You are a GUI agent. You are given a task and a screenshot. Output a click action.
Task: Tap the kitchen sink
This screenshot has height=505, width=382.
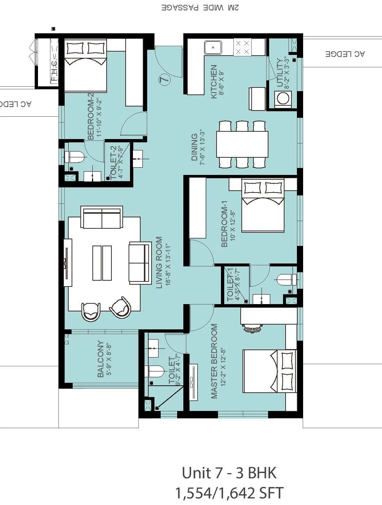pos(213,47)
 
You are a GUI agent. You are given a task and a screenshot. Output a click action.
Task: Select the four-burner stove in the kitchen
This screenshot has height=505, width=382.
pos(242,47)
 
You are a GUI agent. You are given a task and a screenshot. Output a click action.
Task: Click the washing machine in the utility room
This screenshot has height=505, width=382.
pos(282,98)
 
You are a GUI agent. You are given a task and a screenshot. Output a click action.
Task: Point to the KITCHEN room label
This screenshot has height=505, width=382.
pos(214,82)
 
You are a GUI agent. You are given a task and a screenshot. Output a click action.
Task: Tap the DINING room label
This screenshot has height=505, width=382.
pos(195,147)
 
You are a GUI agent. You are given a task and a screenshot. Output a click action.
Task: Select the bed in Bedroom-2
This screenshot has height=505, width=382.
pos(85,66)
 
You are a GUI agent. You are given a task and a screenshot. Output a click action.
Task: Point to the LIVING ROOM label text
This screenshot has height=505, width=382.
pos(159,262)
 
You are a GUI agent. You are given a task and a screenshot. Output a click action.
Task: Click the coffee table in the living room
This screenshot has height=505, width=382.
pos(102,263)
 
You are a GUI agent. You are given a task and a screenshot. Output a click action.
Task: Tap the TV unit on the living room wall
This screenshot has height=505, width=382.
pos(68,263)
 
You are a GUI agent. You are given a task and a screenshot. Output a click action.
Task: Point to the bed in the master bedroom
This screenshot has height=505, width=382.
pos(270,371)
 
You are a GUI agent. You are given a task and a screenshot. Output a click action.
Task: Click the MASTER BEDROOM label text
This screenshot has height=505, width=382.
pos(214,361)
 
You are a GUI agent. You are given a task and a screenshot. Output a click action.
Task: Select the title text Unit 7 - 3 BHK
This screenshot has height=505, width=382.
pos(229,473)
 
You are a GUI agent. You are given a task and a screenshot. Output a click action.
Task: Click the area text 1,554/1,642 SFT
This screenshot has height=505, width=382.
pos(229,493)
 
